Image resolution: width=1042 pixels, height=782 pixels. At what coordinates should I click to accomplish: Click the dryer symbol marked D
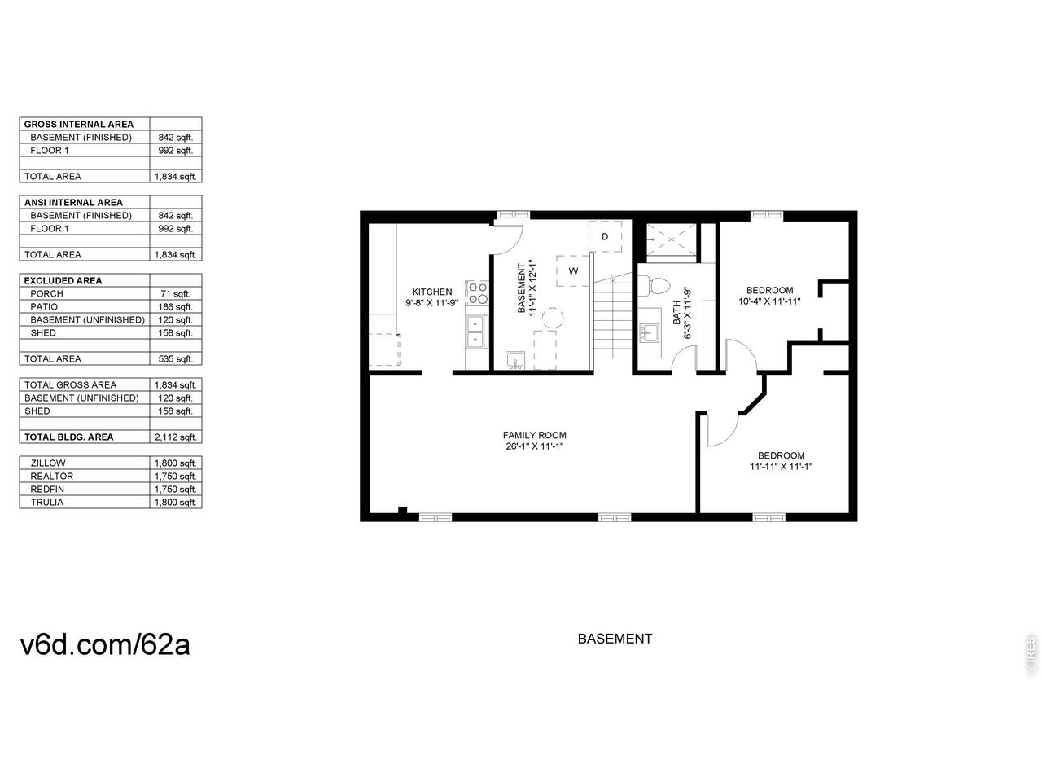tap(604, 236)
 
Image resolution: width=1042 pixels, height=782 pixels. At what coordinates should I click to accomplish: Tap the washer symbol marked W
tap(573, 270)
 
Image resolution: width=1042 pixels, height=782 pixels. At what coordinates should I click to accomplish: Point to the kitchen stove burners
tap(476, 292)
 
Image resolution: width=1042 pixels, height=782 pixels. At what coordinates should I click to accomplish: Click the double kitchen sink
tap(476, 332)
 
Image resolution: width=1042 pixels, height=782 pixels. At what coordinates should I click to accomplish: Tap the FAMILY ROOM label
tap(534, 435)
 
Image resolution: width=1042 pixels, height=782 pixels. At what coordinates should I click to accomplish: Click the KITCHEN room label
tap(431, 292)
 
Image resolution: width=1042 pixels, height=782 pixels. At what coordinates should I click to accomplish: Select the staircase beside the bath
tap(612, 317)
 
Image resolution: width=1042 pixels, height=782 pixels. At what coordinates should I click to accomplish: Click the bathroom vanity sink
tap(648, 333)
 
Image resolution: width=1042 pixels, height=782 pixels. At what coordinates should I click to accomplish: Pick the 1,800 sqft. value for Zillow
tap(175, 463)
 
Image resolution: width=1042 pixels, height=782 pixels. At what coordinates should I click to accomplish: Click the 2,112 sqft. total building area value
tap(175, 437)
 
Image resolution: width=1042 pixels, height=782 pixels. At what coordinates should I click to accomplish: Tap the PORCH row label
tap(46, 293)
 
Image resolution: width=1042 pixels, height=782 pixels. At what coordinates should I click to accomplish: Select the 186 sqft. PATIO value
tap(175, 307)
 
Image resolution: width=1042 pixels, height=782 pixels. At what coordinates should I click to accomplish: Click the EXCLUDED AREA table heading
tap(63, 280)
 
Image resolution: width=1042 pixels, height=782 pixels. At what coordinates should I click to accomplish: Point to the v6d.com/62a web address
tap(105, 644)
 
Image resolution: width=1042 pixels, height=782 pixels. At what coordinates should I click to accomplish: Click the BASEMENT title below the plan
tap(615, 639)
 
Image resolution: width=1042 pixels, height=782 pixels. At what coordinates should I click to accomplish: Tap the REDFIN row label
tap(47, 489)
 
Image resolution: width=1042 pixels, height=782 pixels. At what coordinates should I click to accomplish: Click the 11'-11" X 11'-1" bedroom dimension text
tap(781, 466)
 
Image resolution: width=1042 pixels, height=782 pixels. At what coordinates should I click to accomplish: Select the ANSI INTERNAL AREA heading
tap(73, 202)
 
